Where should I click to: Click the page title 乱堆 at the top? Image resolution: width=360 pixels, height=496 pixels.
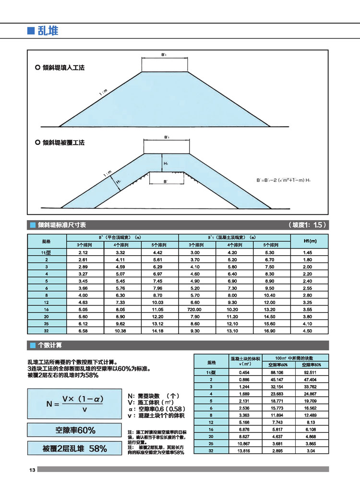coord(48,31)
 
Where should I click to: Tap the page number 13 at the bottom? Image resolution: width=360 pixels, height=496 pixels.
coord(32,470)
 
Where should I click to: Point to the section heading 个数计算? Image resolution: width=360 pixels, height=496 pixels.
coord(49,345)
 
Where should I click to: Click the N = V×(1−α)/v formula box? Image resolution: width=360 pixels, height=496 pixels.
coord(74,404)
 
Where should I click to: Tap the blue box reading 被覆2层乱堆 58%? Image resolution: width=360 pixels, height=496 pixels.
coord(74,449)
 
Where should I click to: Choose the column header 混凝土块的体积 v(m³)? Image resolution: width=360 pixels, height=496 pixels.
coord(245,362)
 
